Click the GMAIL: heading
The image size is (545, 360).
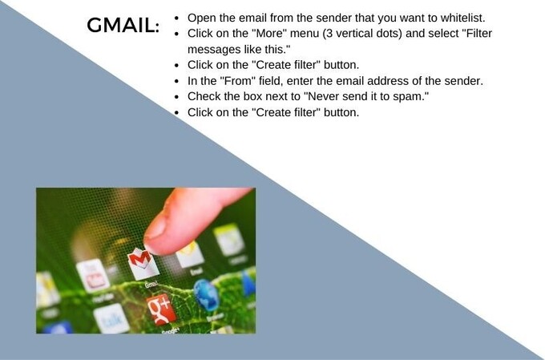point(123,25)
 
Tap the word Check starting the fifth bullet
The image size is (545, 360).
point(204,97)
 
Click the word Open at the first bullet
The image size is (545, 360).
point(202,18)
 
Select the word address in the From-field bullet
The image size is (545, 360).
point(377,81)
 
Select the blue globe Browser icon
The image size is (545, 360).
point(207,294)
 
